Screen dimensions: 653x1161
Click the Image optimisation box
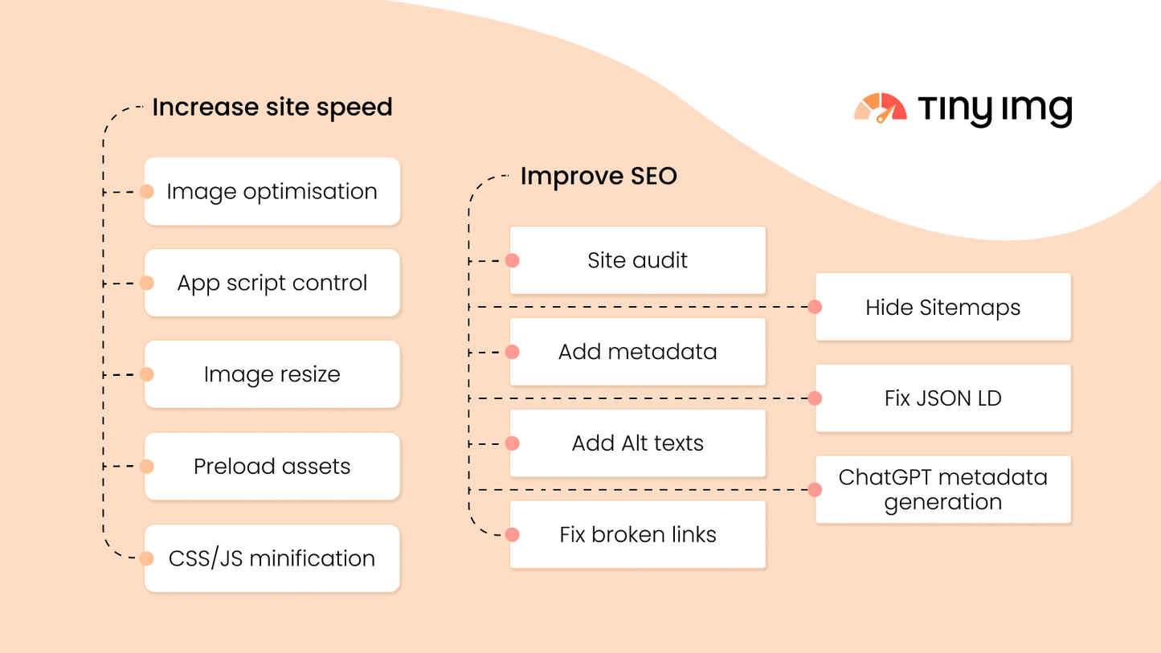click(x=272, y=191)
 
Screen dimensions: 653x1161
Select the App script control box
click(x=272, y=283)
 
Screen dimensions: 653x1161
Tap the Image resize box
click(x=272, y=374)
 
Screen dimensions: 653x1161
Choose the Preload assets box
click(x=272, y=466)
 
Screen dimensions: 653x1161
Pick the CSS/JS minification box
click(x=272, y=558)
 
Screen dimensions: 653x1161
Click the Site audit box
click(x=638, y=260)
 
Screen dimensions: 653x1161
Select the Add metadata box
click(x=638, y=352)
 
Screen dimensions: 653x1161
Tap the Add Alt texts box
click(x=638, y=443)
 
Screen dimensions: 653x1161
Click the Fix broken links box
click(x=638, y=535)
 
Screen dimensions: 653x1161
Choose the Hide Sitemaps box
click(x=943, y=307)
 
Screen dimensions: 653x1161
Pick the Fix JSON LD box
click(x=943, y=398)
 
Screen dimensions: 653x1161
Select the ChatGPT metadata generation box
click(x=943, y=490)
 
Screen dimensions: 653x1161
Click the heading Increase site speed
click(x=272, y=107)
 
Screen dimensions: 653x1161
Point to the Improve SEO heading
click(x=599, y=176)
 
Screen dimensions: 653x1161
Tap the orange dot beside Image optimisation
click(x=146, y=192)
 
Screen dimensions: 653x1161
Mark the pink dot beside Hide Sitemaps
click(x=815, y=307)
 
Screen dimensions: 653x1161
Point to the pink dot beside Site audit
click(x=512, y=260)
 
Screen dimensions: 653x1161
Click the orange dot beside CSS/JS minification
click(x=146, y=558)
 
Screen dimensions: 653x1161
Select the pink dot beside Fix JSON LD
click(x=815, y=398)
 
